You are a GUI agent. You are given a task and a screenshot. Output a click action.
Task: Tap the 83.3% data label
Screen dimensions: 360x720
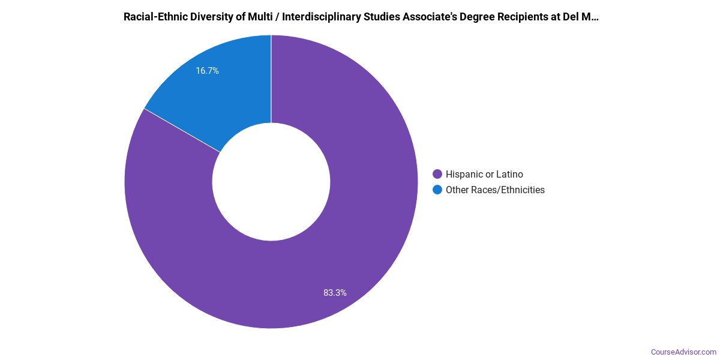[x=335, y=293]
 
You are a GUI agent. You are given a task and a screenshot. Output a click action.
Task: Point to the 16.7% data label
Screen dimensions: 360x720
[x=207, y=71]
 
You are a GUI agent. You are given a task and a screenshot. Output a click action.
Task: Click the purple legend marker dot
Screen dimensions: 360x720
[x=437, y=175]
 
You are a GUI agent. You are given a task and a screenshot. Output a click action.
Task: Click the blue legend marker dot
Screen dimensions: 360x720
[x=437, y=190]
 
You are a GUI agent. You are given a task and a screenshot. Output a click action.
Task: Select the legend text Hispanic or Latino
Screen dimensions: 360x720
[x=484, y=175]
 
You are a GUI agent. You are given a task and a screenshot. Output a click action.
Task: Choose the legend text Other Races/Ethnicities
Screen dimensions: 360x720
[x=495, y=190]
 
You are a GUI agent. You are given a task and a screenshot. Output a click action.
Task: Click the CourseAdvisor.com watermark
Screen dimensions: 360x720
[x=683, y=352]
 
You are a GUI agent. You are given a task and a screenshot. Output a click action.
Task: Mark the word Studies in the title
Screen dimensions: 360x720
[x=377, y=17]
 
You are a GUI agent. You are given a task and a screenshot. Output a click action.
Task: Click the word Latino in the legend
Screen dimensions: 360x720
[x=509, y=175]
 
